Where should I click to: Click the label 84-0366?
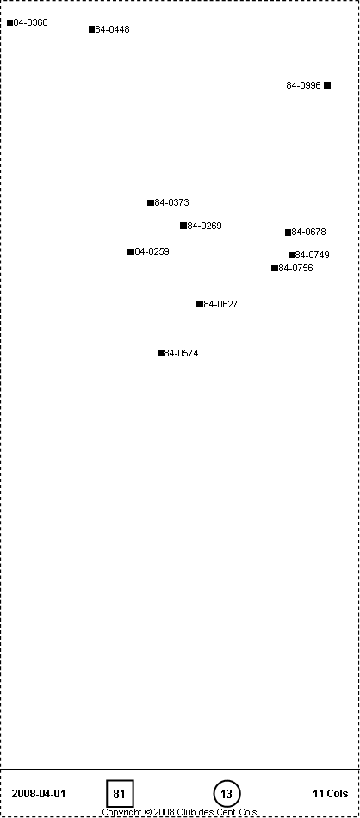point(30,23)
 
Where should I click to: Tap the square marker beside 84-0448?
point(92,29)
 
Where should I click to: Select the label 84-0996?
point(304,85)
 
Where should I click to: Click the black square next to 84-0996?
point(327,85)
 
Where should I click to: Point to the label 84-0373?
point(171,202)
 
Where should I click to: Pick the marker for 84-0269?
point(183,226)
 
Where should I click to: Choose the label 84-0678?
point(308,232)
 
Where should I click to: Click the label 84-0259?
point(152,251)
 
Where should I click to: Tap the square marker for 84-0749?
point(292,255)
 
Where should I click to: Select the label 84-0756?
point(295,268)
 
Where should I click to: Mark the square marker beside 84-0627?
point(199,304)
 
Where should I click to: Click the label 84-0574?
point(181,353)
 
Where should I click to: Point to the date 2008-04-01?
point(39,794)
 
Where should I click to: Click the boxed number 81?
point(120,794)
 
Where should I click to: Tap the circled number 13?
point(227,794)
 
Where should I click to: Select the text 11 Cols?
point(330,794)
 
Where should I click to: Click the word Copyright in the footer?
point(121,812)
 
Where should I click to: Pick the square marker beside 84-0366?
point(10,22)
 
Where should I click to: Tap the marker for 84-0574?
point(161,353)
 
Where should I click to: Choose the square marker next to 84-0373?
point(151,202)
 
